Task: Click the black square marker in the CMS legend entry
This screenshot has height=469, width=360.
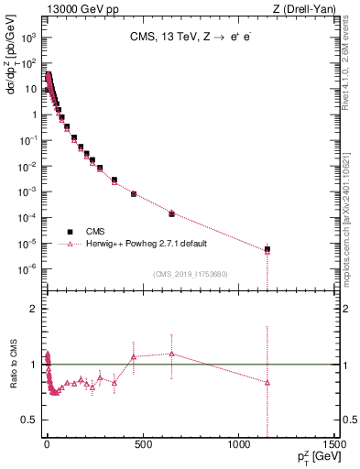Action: [70, 232]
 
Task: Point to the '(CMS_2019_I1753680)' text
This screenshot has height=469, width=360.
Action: [191, 273]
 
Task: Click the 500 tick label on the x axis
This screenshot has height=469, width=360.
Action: [142, 446]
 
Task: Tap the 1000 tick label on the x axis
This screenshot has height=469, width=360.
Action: [238, 446]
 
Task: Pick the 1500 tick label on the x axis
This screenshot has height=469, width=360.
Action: [333, 446]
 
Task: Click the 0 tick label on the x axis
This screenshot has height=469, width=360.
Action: [47, 446]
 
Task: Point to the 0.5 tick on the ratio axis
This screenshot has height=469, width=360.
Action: [31, 420]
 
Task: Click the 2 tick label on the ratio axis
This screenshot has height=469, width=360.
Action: [35, 309]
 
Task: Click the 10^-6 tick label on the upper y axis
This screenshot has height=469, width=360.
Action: [29, 268]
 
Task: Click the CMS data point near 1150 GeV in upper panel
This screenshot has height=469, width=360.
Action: [267, 249]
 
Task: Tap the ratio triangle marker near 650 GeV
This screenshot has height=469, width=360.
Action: [171, 354]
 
